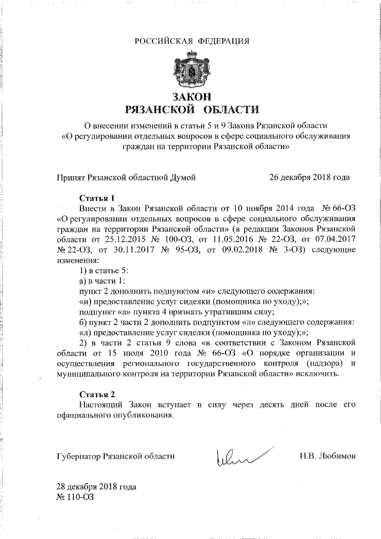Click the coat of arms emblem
(x=190, y=70)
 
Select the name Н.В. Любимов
(x=327, y=456)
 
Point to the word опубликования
(x=149, y=415)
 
